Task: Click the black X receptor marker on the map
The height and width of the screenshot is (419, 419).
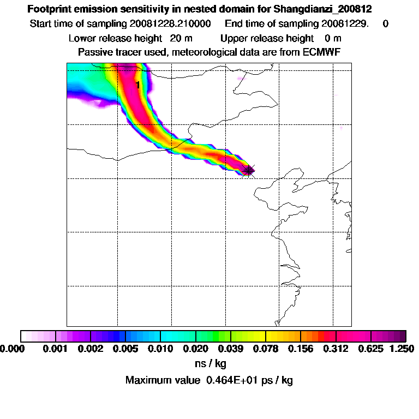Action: click(x=249, y=170)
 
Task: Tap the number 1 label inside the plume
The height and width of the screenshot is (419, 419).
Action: click(x=138, y=85)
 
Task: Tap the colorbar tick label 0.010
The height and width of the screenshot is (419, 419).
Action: click(x=160, y=348)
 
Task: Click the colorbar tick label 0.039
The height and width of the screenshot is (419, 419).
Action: click(x=231, y=348)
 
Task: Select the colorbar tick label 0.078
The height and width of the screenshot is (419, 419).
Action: click(x=266, y=348)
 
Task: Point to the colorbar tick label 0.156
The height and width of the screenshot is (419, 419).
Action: click(x=301, y=348)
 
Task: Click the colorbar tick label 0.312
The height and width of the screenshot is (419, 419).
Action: click(x=336, y=348)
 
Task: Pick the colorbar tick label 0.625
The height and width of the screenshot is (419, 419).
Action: click(x=372, y=348)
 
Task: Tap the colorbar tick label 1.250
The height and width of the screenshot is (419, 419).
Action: click(x=401, y=348)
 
